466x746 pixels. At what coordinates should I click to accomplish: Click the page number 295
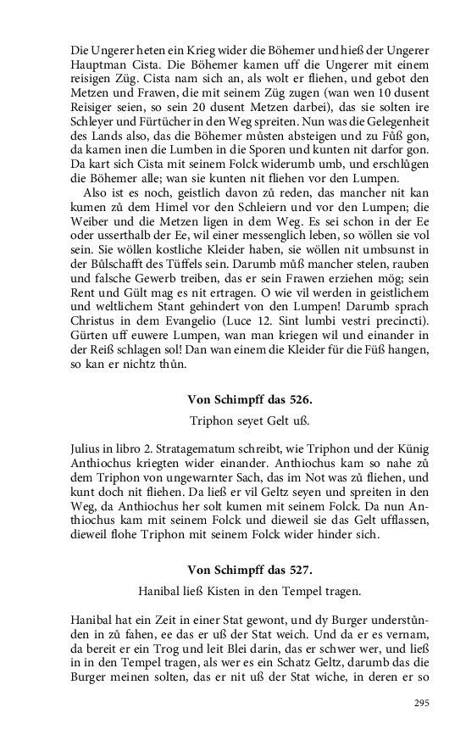point(421,704)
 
